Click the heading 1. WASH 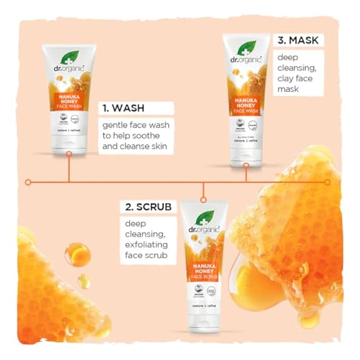[x=122, y=109]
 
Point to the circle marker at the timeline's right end [x=327, y=182]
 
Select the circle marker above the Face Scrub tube [x=203, y=199]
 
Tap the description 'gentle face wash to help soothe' [x=135, y=135]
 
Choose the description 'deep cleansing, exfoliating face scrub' [x=146, y=239]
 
